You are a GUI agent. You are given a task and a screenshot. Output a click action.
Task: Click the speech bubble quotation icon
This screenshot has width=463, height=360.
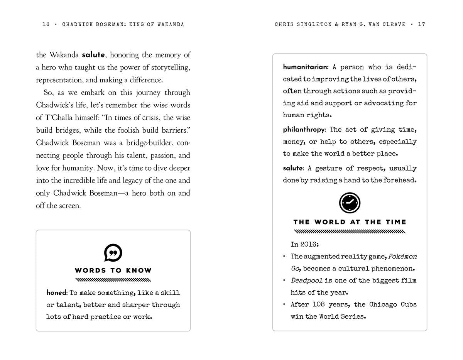pyautogui.click(x=113, y=253)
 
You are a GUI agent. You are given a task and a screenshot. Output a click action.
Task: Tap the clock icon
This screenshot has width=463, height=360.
pyautogui.click(x=350, y=203)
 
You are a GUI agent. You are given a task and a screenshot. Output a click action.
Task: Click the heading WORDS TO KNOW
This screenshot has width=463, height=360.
pyautogui.click(x=113, y=270)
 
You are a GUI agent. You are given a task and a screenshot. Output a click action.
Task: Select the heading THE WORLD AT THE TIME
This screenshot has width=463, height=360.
pyautogui.click(x=350, y=222)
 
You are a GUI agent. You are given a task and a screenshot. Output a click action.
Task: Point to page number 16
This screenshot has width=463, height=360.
pyautogui.click(x=46, y=24)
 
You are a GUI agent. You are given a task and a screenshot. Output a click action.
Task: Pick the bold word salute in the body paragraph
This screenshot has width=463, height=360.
pyautogui.click(x=93, y=55)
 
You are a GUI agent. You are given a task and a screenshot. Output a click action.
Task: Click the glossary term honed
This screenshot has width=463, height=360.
pyautogui.click(x=56, y=293)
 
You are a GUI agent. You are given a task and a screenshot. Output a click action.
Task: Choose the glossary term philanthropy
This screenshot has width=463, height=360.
pyautogui.click(x=304, y=130)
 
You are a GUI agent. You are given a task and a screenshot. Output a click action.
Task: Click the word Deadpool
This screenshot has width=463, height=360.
pyautogui.click(x=306, y=281)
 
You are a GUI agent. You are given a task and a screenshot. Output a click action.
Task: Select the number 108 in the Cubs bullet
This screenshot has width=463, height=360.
pyautogui.click(x=318, y=304)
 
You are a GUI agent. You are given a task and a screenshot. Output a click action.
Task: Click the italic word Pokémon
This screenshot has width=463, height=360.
pyautogui.click(x=402, y=257)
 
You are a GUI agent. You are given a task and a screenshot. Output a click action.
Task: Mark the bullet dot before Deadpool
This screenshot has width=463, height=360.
pyautogui.click(x=284, y=281)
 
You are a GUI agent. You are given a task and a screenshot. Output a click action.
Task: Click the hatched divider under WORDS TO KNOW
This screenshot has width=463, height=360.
pyautogui.click(x=113, y=280)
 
